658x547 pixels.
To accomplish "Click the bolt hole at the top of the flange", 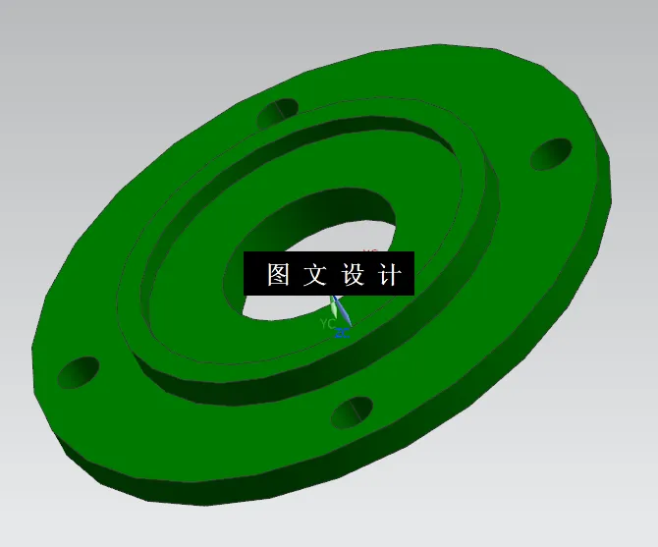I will [278, 113].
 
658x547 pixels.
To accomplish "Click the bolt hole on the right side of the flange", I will [551, 154].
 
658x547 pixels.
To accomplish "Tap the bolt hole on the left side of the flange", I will [79, 372].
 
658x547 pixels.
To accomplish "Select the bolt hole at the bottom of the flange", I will [352, 412].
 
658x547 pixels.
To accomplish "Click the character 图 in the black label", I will [278, 275].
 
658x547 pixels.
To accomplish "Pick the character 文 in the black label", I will [315, 275].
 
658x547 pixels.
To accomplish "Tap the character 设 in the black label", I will [353, 275].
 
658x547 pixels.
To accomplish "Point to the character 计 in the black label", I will [390, 275].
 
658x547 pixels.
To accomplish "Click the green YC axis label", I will [327, 322].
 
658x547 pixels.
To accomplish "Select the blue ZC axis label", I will [342, 333].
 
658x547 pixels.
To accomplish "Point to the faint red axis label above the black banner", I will [370, 250].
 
